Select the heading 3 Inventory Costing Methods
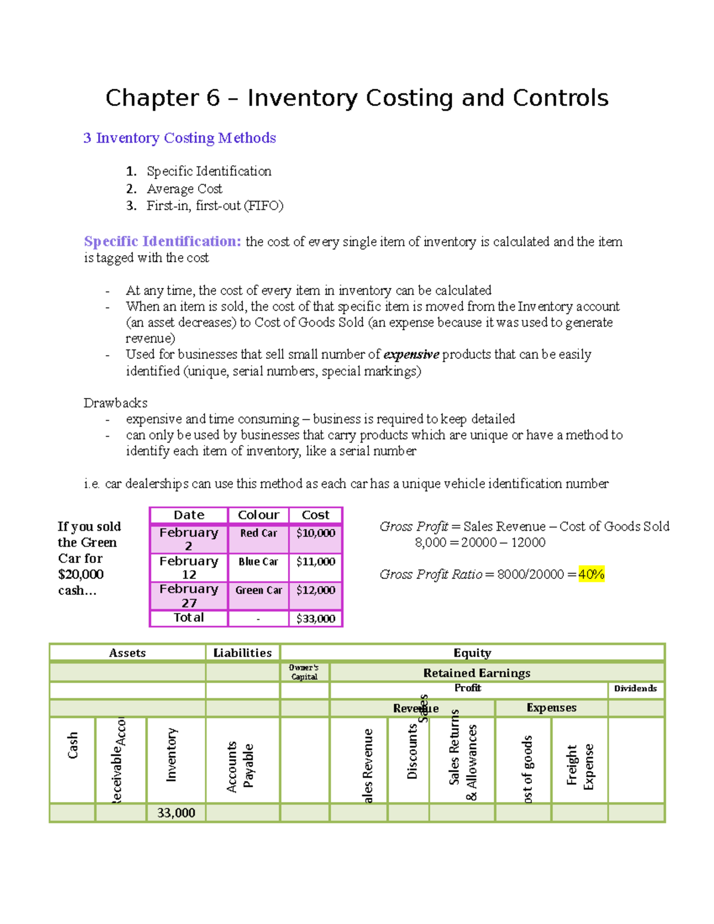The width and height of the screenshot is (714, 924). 180,138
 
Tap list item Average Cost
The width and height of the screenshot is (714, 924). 184,189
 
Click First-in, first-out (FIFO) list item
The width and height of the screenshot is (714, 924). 215,206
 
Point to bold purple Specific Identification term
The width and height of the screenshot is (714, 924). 162,242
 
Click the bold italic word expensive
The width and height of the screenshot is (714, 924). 411,355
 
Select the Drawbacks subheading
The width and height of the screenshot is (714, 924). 115,403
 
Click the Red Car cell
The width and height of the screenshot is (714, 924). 258,533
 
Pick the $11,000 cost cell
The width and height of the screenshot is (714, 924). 315,562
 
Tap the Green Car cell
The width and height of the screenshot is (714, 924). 258,590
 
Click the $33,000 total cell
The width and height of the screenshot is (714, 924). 315,619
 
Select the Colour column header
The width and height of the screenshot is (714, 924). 258,515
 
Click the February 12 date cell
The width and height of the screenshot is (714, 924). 189,568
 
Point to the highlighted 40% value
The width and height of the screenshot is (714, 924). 591,575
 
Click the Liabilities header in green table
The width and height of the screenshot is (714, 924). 242,653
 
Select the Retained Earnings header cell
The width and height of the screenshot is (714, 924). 477,673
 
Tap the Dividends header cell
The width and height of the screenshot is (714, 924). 635,688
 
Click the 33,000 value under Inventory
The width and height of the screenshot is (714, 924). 176,813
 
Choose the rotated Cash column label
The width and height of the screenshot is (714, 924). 73,746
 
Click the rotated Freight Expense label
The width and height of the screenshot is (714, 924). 580,766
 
